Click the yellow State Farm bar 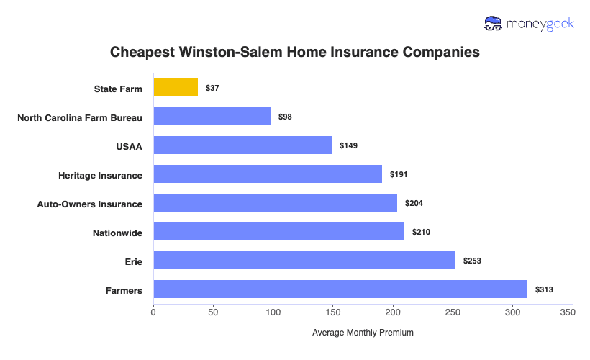176,88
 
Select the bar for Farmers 340,289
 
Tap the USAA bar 242,145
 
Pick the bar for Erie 304,261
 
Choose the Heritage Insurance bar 268,174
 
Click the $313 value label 544,289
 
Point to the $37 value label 212,88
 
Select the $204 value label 414,203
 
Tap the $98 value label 285,117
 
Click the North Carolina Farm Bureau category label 80,117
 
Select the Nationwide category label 117,233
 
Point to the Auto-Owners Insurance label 89,204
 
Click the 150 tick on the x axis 332,312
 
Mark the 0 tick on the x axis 153,312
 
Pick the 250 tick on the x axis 453,312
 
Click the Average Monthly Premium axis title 363,333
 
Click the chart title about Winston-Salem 294,53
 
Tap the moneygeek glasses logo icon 494,24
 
